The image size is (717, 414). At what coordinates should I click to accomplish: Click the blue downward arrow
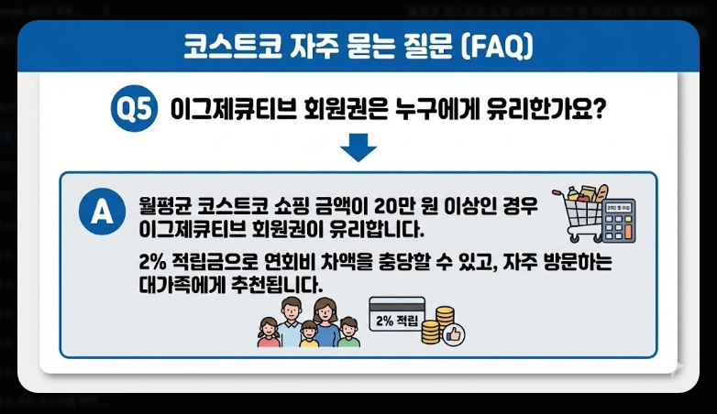358,147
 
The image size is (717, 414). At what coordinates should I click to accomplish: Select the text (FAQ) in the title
494,47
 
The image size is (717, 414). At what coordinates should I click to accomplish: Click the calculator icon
621,220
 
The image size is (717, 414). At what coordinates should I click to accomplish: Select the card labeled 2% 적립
396,317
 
